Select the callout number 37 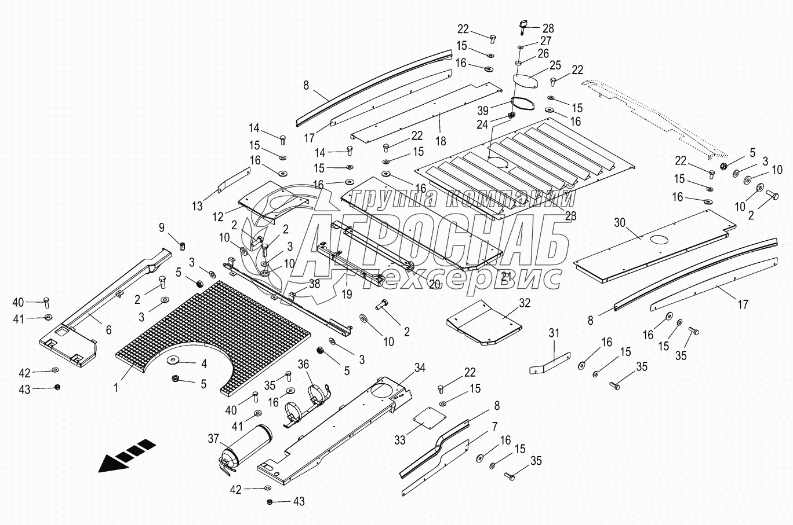[214, 439]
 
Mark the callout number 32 [525, 302]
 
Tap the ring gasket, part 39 [523, 105]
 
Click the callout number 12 [218, 217]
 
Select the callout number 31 [554, 333]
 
